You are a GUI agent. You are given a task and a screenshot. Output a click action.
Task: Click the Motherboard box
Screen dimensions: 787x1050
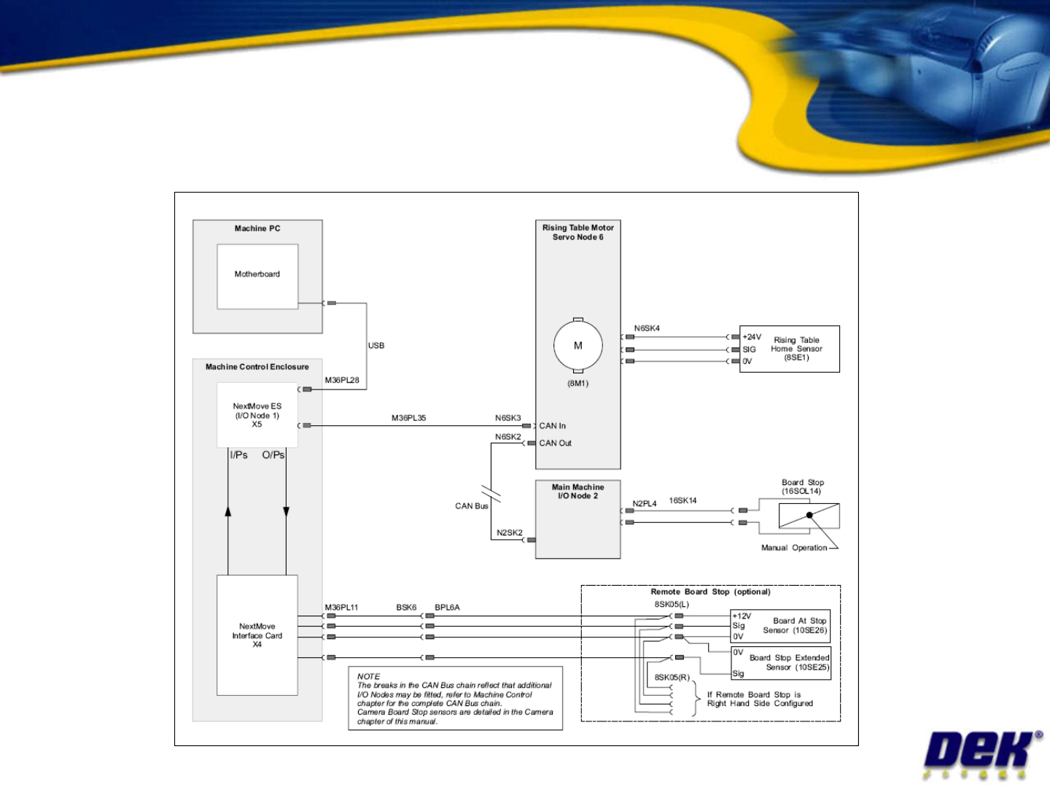257,276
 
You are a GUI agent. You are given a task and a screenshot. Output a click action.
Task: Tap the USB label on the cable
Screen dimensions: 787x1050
376,346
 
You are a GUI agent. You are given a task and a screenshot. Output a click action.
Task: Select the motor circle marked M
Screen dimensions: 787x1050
578,346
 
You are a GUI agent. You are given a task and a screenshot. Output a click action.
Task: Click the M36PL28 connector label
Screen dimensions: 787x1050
342,380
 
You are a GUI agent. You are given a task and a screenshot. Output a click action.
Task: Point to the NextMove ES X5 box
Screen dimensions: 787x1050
257,416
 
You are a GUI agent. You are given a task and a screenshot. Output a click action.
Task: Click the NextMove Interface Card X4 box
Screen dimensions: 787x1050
257,635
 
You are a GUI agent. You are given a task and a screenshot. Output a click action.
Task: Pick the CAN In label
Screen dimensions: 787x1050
553,426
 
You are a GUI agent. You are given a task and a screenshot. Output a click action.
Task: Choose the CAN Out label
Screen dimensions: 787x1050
556,443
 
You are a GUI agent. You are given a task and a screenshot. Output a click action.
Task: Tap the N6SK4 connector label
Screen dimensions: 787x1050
647,328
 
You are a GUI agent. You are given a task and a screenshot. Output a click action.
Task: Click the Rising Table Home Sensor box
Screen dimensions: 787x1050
790,349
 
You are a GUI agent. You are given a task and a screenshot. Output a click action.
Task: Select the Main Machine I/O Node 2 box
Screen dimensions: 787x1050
577,519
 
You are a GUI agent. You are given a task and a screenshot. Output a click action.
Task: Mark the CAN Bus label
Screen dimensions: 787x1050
471,506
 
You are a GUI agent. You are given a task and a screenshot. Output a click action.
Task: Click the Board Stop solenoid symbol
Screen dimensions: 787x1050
809,516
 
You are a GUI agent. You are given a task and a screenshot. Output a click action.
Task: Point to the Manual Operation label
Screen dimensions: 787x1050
794,548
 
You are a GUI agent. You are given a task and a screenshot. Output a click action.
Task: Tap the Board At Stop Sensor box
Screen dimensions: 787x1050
781,626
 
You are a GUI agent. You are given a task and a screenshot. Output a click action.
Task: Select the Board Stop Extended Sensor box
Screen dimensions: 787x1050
781,662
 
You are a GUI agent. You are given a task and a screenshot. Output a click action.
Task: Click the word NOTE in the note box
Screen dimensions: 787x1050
368,677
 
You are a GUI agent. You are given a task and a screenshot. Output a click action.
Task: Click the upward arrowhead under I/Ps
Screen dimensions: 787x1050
228,511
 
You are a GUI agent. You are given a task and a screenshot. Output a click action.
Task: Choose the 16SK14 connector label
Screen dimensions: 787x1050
682,500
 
